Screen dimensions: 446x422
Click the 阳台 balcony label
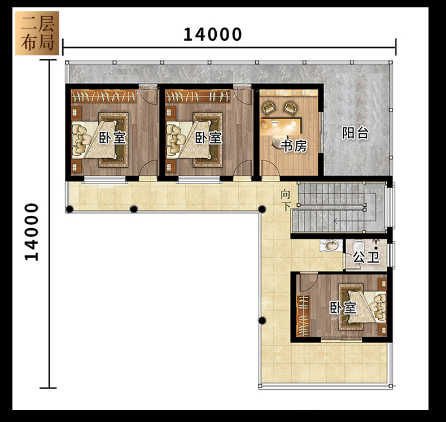(x=355, y=133)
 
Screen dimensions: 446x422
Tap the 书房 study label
(x=294, y=146)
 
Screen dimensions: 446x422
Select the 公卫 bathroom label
(x=366, y=258)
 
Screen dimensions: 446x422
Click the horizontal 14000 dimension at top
(x=212, y=34)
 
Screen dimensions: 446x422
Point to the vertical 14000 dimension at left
(x=32, y=232)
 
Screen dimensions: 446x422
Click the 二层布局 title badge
(x=37, y=33)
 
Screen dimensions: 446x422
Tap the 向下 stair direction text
(x=286, y=201)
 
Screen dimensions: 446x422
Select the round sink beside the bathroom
(x=330, y=245)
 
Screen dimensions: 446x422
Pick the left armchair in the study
(x=269, y=107)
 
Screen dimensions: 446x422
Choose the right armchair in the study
(x=291, y=107)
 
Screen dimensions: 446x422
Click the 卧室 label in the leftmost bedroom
(x=112, y=138)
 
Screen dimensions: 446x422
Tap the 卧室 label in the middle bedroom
(x=208, y=138)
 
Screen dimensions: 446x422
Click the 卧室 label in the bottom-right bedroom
(x=343, y=308)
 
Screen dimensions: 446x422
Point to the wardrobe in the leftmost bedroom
(x=103, y=96)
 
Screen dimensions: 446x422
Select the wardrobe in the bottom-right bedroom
(x=303, y=316)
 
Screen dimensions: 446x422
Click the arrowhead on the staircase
(x=336, y=220)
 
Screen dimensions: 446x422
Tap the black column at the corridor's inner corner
(x=262, y=210)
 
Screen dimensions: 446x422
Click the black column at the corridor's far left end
(x=69, y=210)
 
